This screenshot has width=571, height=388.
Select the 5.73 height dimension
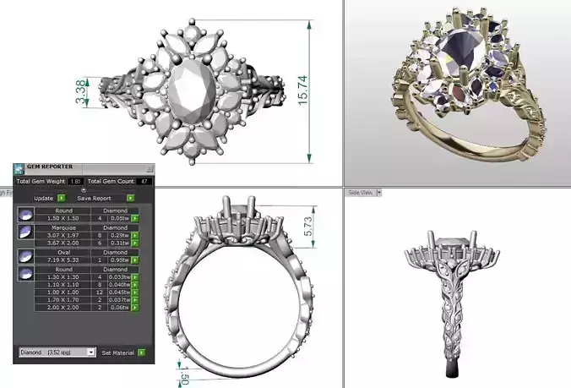(x=309, y=222)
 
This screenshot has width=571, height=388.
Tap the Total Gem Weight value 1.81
(x=75, y=181)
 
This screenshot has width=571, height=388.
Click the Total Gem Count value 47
(x=144, y=181)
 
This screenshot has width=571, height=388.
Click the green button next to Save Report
(x=131, y=198)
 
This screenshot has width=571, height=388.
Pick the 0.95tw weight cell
(x=119, y=260)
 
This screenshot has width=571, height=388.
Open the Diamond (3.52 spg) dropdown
(x=57, y=352)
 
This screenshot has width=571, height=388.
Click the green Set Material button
(x=141, y=352)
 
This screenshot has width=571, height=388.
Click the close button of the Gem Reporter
(x=150, y=168)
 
